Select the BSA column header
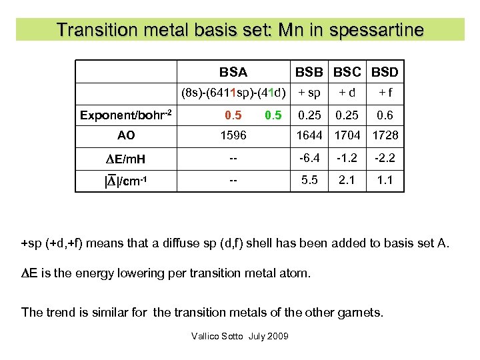pyautogui.click(x=233, y=72)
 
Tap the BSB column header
pyautogui.click(x=309, y=72)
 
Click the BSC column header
pyautogui.click(x=347, y=72)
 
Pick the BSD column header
pyautogui.click(x=385, y=72)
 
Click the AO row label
pyautogui.click(x=126, y=135)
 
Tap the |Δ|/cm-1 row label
pyautogui.click(x=126, y=180)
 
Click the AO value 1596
pyautogui.click(x=233, y=135)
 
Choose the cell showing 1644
pyautogui.click(x=309, y=135)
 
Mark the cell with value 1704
pyautogui.click(x=347, y=135)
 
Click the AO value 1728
pyautogui.click(x=385, y=135)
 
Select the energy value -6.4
pyautogui.click(x=309, y=158)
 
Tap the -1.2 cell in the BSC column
pyautogui.click(x=347, y=158)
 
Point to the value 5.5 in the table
pyautogui.click(x=309, y=180)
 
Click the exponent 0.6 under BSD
pyautogui.click(x=385, y=115)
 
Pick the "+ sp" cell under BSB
pyautogui.click(x=309, y=92)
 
